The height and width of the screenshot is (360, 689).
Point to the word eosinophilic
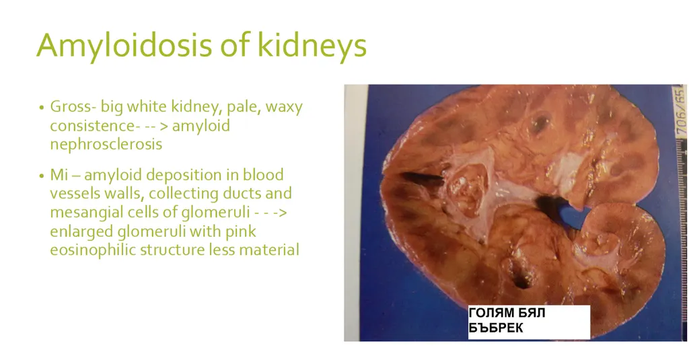(92, 250)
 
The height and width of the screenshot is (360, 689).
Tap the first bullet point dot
(41, 108)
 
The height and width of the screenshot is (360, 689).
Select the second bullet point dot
(41, 176)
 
